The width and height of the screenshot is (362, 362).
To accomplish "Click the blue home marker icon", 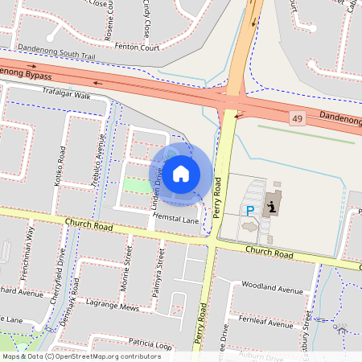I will pos(181,173).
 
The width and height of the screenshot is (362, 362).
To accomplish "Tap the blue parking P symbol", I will pos(249,210).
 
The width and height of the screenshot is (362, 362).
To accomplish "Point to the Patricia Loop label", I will pos(150,343).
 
